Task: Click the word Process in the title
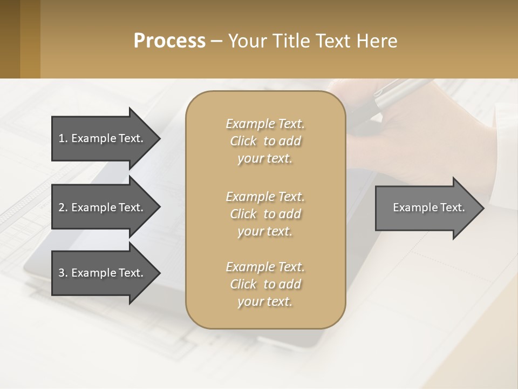tap(169, 41)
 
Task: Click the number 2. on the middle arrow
tap(63, 207)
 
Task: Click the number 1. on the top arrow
tap(63, 138)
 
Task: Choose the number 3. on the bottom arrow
tap(63, 273)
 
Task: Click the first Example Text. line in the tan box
tap(265, 124)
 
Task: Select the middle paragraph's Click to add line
tap(265, 214)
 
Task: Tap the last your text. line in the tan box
tap(265, 301)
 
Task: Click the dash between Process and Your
tap(216, 41)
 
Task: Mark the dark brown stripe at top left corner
tap(10, 39)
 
